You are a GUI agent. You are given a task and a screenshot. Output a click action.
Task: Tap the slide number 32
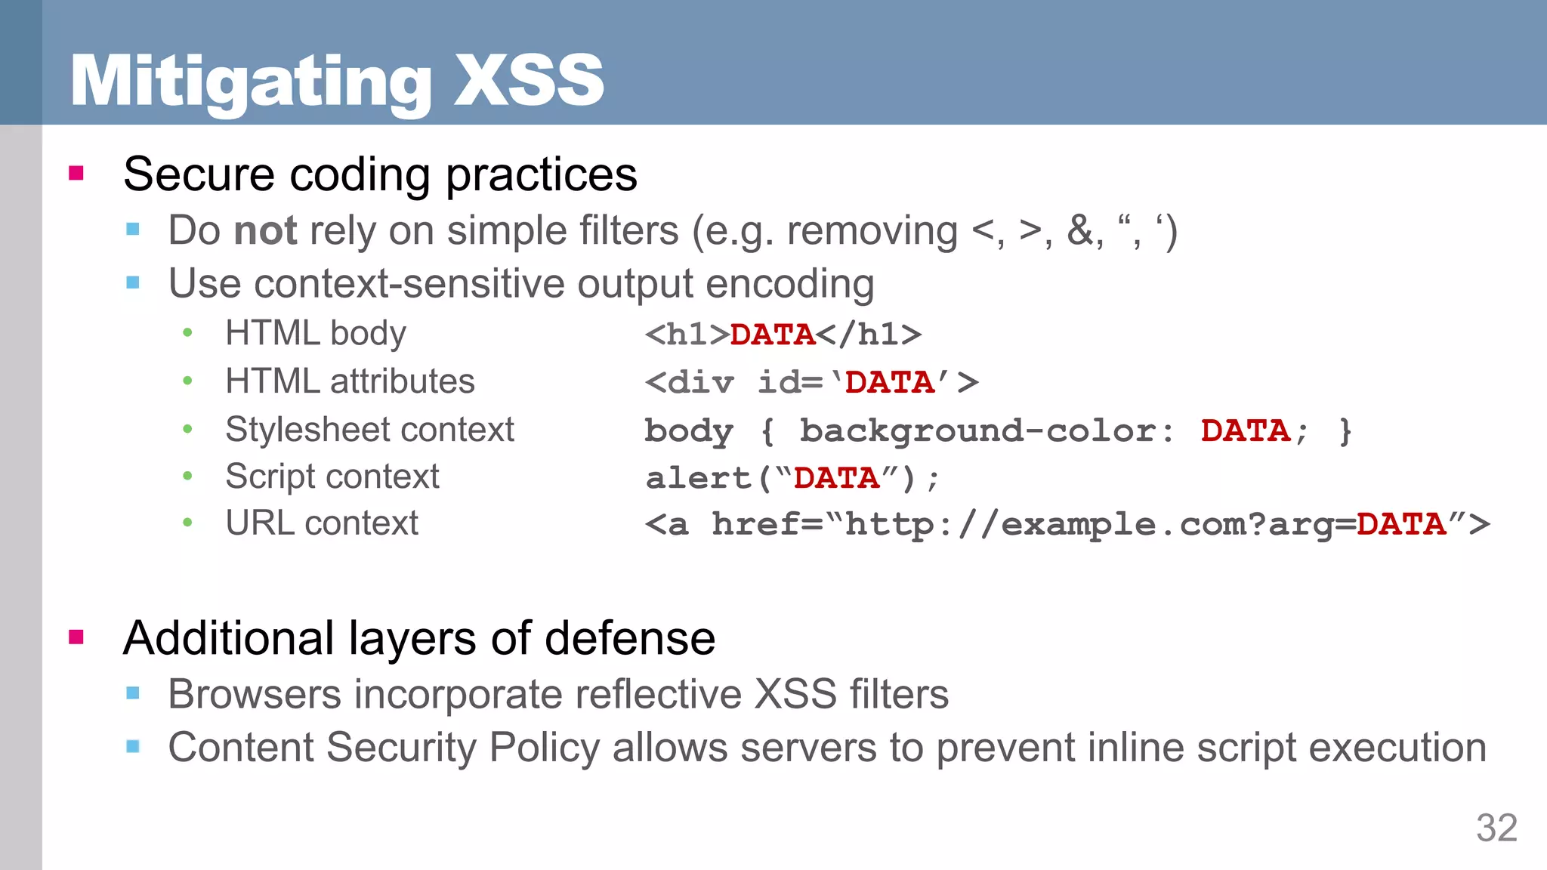1496,828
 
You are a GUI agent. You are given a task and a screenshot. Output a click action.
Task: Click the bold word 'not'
266,230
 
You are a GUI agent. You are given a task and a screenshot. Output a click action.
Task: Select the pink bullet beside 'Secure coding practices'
76,174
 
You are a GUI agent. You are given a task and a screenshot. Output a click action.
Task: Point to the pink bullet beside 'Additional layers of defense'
76,637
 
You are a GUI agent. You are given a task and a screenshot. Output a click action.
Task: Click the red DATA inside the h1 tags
772,335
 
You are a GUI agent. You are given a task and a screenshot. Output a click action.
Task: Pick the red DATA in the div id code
890,382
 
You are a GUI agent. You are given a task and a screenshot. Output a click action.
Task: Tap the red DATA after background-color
1245,430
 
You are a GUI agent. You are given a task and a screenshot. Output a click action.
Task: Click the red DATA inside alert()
836,478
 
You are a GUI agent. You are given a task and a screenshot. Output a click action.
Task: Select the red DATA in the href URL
1400,524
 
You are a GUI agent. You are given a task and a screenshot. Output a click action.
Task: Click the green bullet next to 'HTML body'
187,333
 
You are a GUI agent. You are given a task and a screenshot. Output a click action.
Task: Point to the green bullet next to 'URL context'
187,523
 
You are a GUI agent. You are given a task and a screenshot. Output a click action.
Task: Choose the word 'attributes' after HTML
403,381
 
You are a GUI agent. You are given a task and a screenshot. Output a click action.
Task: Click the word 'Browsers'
255,694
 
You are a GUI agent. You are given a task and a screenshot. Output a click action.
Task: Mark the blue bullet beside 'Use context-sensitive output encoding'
133,283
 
